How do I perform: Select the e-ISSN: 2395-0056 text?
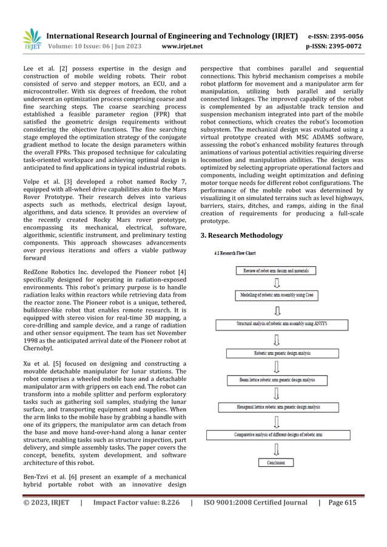click(336, 35)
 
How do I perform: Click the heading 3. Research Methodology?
click(241, 235)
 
